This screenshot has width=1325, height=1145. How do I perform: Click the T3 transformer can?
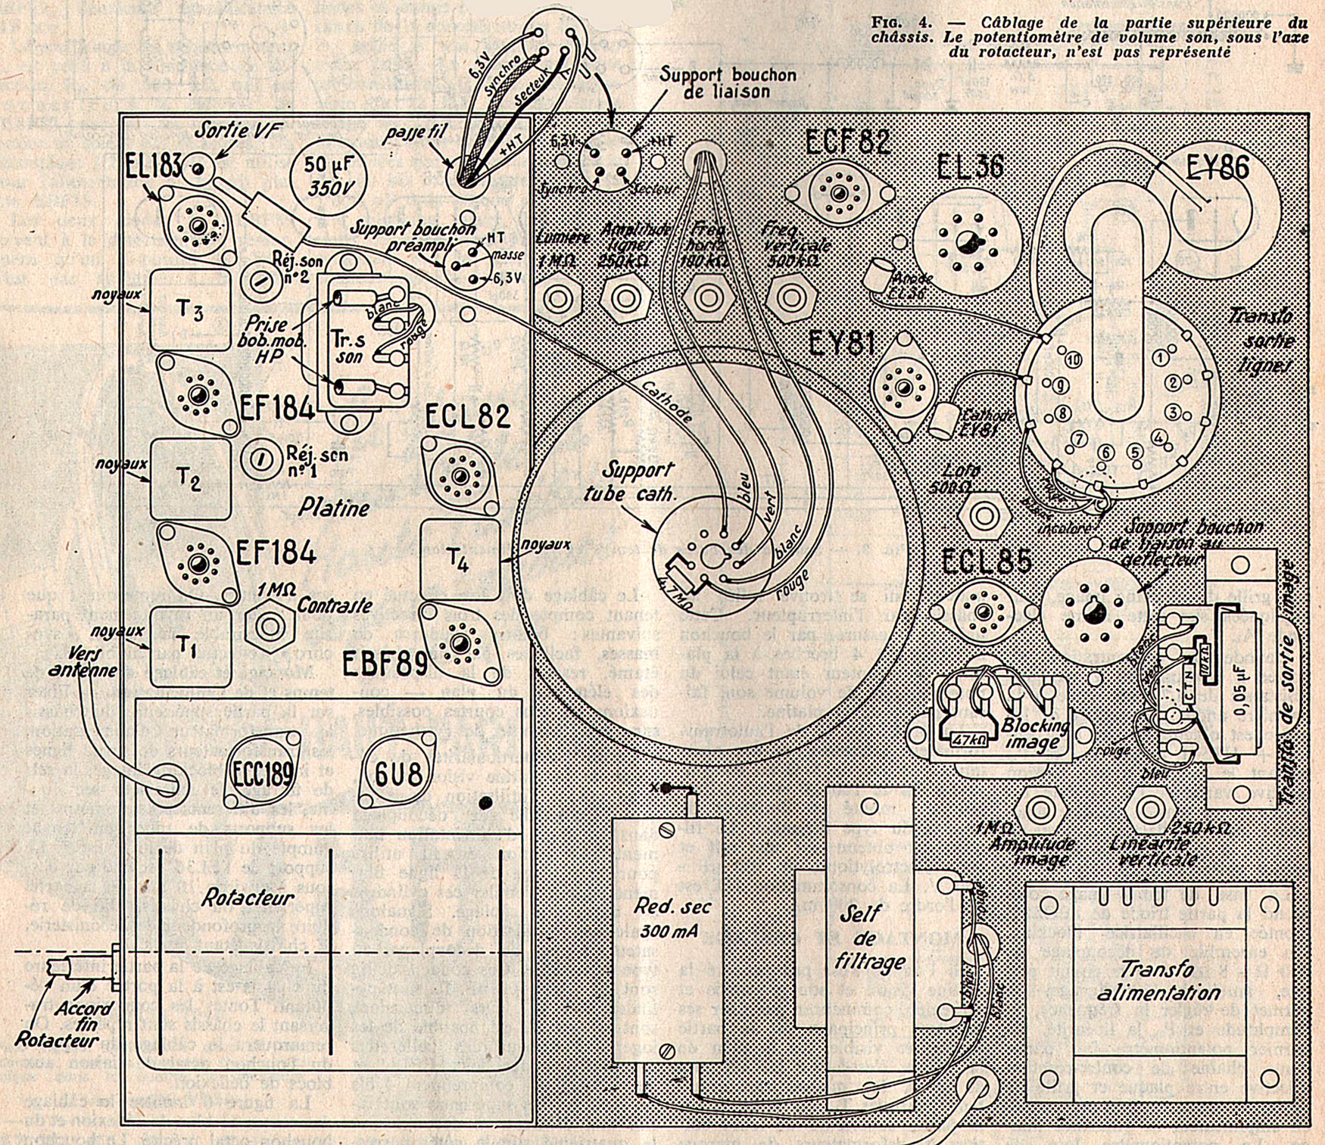[x=190, y=310]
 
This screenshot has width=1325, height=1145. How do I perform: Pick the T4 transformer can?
[x=460, y=559]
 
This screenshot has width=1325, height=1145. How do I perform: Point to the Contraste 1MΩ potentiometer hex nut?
[x=269, y=627]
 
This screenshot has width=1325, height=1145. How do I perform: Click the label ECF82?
[x=848, y=141]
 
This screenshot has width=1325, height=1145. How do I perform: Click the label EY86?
[x=1211, y=166]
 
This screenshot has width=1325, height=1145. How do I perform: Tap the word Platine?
[x=333, y=507]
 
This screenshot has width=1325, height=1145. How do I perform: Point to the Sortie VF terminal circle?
[x=198, y=168]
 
